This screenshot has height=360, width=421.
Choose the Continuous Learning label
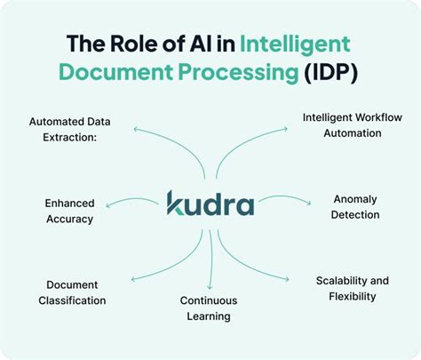(208, 308)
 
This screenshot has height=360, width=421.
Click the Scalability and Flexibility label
(352, 288)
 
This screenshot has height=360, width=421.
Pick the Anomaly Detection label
(356, 206)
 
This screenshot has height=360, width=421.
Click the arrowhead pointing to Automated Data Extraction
(136, 130)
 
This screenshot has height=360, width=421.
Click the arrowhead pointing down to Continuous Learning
(210, 286)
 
